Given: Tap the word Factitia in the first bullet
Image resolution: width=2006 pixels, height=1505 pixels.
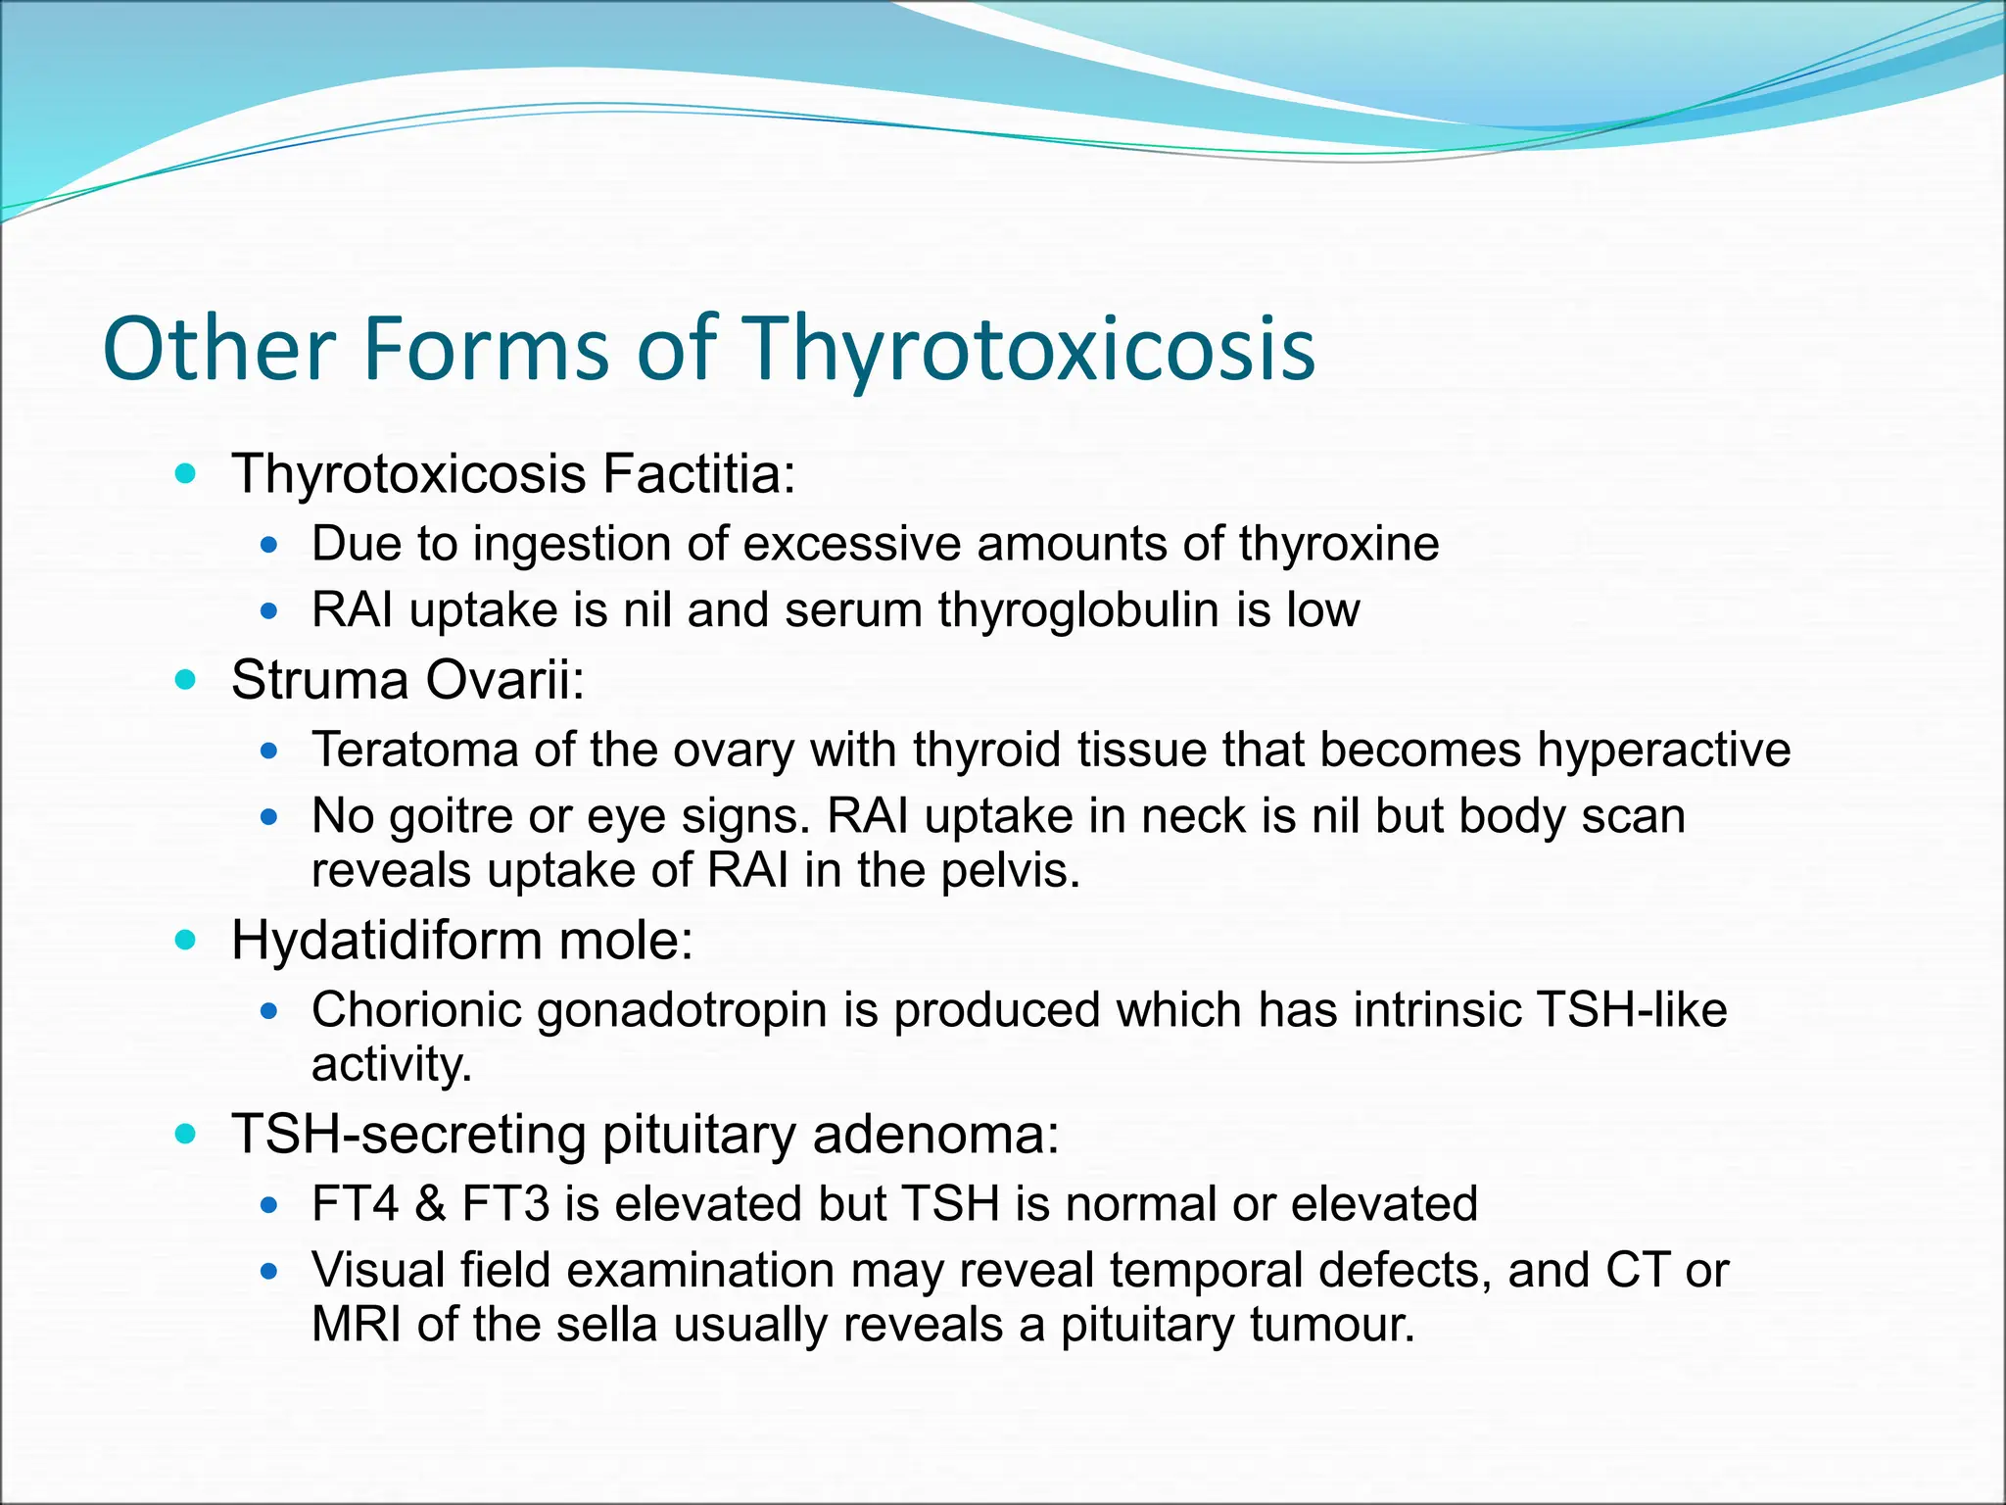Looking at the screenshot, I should coord(698,474).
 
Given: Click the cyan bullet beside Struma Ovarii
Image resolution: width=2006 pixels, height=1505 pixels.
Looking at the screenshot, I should coord(184,679).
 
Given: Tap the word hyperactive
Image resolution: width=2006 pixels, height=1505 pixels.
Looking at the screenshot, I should coord(1663,751).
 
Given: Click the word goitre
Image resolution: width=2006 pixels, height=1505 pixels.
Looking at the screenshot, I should coord(451,817).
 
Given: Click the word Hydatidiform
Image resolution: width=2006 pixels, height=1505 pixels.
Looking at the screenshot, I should coord(387,942).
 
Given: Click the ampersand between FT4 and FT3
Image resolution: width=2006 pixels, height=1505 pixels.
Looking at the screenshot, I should coord(430,1204).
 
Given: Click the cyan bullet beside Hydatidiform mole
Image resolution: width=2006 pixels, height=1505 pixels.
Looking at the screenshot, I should coord(184,941).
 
